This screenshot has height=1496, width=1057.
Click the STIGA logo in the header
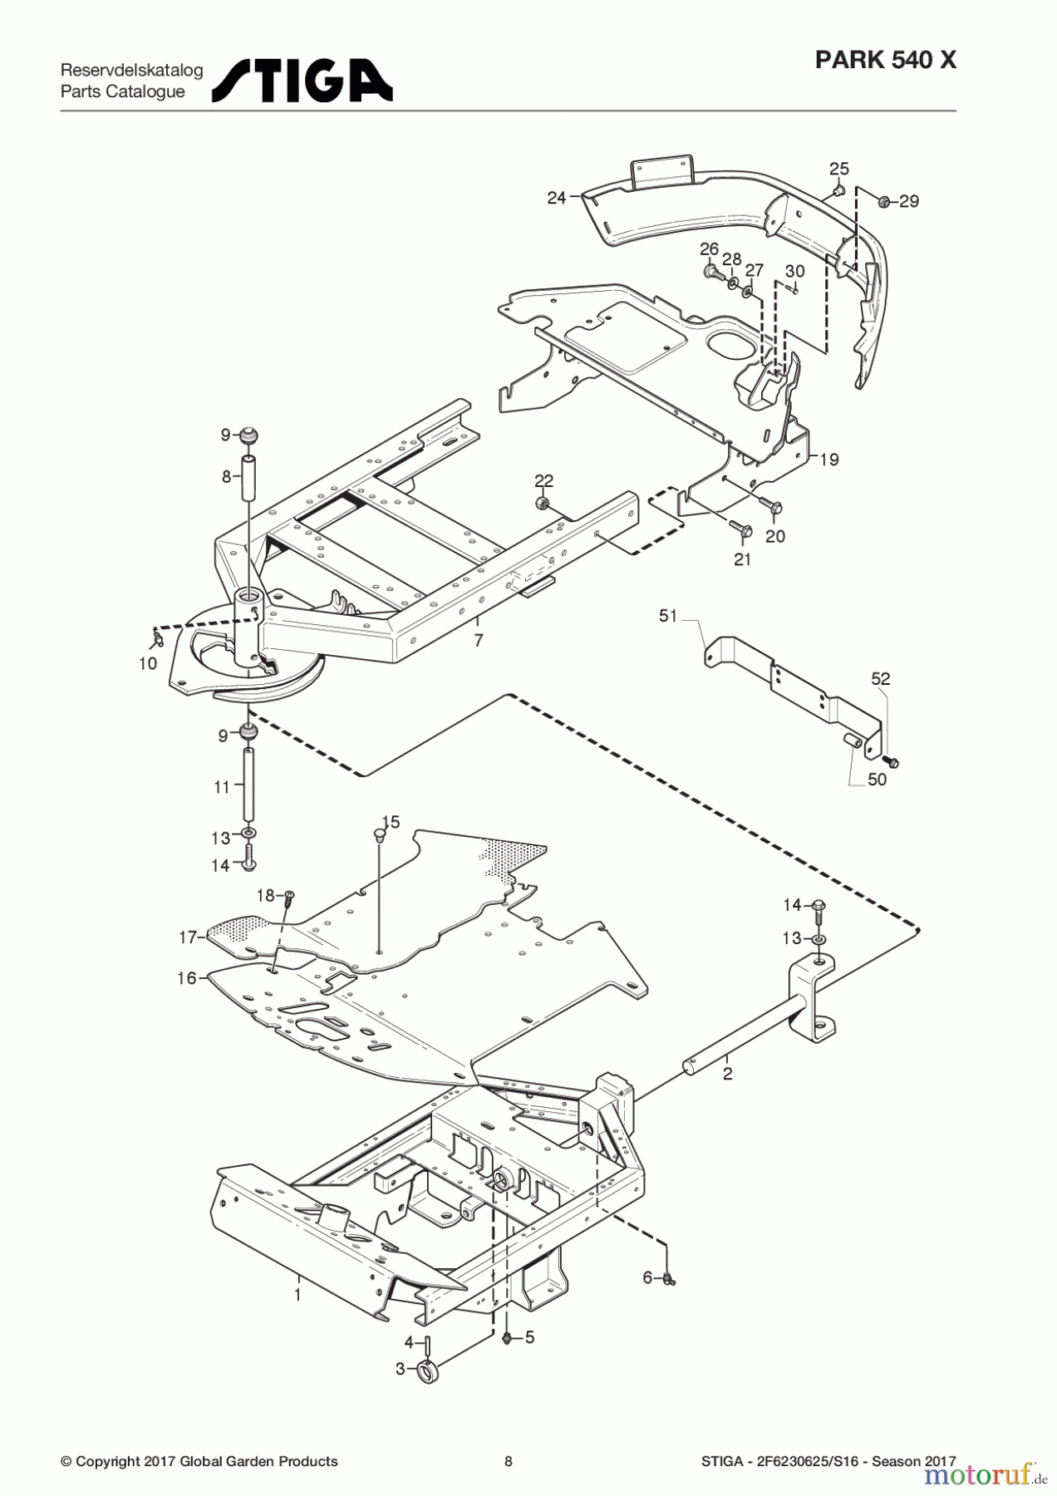click(x=302, y=81)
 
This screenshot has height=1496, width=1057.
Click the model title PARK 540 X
click(x=885, y=61)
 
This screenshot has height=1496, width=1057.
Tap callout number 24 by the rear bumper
click(x=557, y=198)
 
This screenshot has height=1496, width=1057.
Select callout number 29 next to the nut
click(x=909, y=201)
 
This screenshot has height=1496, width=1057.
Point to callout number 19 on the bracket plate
click(x=828, y=459)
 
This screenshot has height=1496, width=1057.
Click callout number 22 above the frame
click(x=543, y=481)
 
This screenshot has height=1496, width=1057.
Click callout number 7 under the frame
click(x=479, y=640)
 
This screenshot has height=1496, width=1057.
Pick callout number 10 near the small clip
click(x=147, y=663)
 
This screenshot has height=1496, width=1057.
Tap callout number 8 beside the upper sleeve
click(x=226, y=476)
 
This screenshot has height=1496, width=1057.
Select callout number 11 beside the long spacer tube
click(x=221, y=786)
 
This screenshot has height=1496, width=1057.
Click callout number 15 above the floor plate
click(x=391, y=822)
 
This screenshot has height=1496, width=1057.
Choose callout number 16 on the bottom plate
click(x=187, y=978)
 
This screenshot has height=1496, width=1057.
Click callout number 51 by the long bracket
click(x=668, y=616)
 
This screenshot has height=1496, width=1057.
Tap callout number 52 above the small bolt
click(x=880, y=679)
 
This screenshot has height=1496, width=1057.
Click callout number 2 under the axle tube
click(x=728, y=1074)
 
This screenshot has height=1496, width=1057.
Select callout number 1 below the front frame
click(x=297, y=1294)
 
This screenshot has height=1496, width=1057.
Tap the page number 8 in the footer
click(x=509, y=1461)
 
